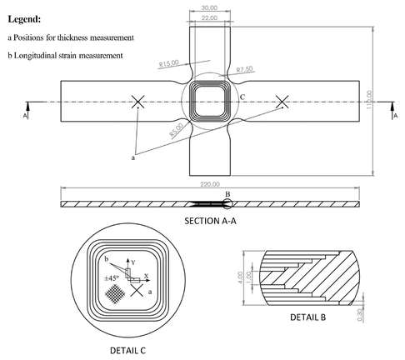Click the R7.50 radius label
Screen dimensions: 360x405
[x=247, y=70]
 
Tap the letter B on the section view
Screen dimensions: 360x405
[x=227, y=195]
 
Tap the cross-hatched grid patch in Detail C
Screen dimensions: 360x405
[x=116, y=293]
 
